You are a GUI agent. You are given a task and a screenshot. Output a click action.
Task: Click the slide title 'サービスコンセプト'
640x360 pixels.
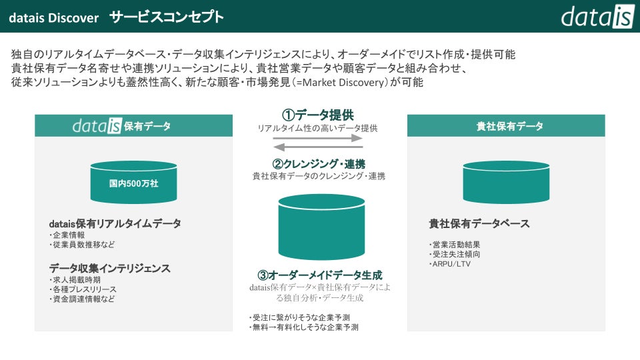[x=167, y=17]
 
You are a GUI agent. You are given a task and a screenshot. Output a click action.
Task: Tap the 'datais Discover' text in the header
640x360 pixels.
[x=53, y=17]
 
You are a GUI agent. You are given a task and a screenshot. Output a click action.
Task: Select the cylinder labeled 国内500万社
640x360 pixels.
[x=133, y=182]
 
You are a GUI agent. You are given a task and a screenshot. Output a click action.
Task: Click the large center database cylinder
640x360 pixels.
[x=321, y=227]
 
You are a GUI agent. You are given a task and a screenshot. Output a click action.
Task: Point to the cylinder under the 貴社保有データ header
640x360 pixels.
[x=506, y=182]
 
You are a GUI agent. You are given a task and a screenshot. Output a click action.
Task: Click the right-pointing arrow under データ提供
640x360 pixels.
[x=319, y=139]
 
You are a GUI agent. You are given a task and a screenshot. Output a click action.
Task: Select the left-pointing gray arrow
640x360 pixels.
[x=319, y=147]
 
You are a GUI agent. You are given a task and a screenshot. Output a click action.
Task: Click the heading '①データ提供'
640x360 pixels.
[x=318, y=115]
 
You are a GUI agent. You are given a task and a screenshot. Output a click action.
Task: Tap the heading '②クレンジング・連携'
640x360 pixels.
[x=318, y=164]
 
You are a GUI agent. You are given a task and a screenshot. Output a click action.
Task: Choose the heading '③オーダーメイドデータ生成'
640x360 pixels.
[x=319, y=275]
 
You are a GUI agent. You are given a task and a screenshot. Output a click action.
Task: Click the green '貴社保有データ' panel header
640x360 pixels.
[x=506, y=126]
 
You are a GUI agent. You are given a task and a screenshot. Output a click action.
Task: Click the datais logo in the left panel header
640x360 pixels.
[x=97, y=126]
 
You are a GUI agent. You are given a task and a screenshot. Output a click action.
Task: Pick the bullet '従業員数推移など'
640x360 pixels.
[x=84, y=245]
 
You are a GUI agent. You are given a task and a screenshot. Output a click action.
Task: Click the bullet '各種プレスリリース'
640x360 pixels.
[x=83, y=289]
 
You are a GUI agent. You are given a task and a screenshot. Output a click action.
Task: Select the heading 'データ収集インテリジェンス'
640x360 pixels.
[x=110, y=268]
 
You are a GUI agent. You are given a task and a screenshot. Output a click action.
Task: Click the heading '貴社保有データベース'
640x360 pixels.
[x=479, y=224]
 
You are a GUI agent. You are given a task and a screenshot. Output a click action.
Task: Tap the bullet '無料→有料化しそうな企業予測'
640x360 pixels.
[x=303, y=327]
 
